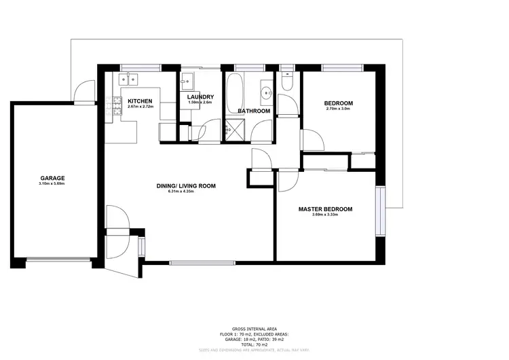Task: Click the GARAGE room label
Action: click(x=52, y=177)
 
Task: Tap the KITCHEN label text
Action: click(x=141, y=102)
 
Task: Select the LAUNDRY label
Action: click(x=200, y=96)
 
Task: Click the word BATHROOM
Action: click(x=254, y=111)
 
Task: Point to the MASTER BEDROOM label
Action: click(x=325, y=209)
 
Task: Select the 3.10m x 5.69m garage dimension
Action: click(x=52, y=183)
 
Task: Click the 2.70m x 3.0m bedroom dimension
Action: click(x=339, y=109)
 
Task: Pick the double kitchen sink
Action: click(x=129, y=79)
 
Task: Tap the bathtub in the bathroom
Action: click(x=236, y=87)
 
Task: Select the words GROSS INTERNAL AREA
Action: click(x=254, y=327)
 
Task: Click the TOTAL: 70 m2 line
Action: click(x=254, y=344)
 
